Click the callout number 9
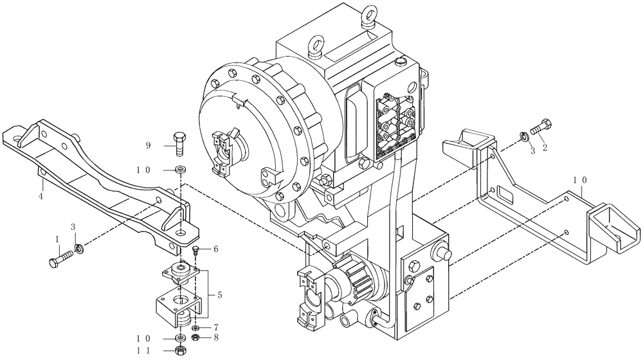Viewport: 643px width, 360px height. (148, 146)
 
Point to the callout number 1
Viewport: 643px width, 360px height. (57, 239)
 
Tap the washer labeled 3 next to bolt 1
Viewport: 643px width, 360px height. (78, 249)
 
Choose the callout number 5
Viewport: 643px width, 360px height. (221, 296)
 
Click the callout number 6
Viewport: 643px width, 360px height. (216, 248)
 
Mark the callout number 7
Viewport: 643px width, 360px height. (216, 327)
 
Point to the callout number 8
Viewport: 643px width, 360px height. (216, 337)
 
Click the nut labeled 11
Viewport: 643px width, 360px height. (179, 350)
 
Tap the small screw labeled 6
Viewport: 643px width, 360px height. (195, 250)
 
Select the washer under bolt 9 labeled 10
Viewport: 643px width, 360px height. (179, 169)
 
